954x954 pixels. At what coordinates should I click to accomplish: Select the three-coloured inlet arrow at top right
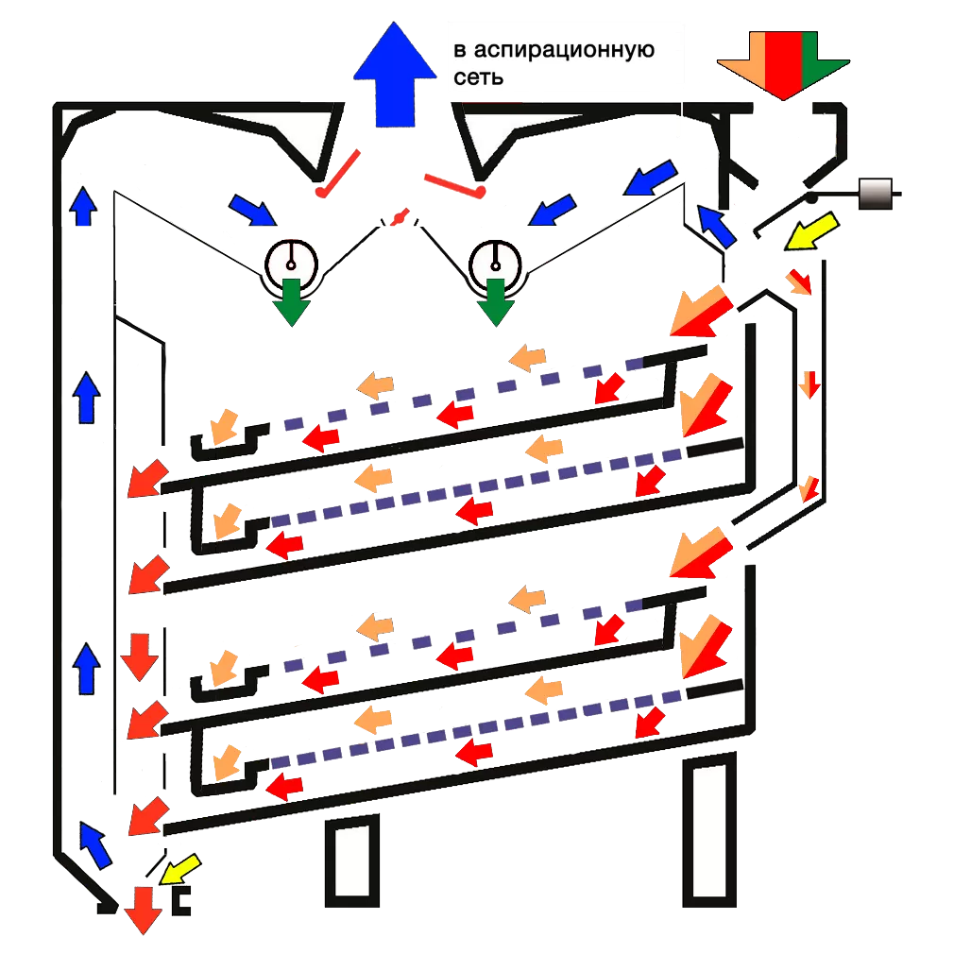782,61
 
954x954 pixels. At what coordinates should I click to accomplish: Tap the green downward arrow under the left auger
291,301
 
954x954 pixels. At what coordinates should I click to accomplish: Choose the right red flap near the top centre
454,184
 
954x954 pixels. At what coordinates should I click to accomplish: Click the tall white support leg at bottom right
709,831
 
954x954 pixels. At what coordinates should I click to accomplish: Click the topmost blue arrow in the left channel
84,206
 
